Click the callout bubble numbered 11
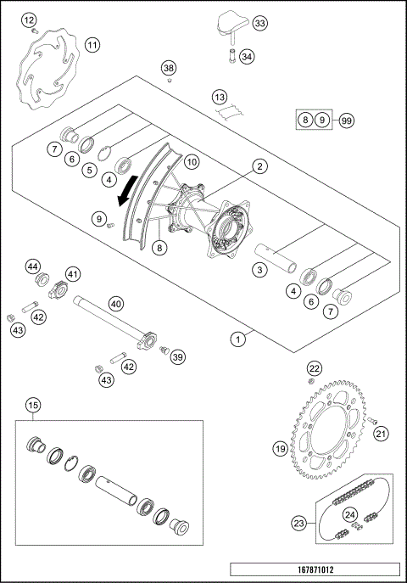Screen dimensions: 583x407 [92, 44]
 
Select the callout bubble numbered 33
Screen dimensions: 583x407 [259, 23]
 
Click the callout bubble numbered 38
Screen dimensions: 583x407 [169, 67]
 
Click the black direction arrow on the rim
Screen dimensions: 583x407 [126, 191]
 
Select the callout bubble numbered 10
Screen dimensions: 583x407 [192, 160]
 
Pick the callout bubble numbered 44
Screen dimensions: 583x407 [33, 266]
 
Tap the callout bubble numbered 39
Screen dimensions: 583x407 [177, 357]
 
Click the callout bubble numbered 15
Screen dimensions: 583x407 [32, 404]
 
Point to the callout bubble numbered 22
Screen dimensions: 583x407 [314, 368]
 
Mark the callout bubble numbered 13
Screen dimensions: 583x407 [220, 97]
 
